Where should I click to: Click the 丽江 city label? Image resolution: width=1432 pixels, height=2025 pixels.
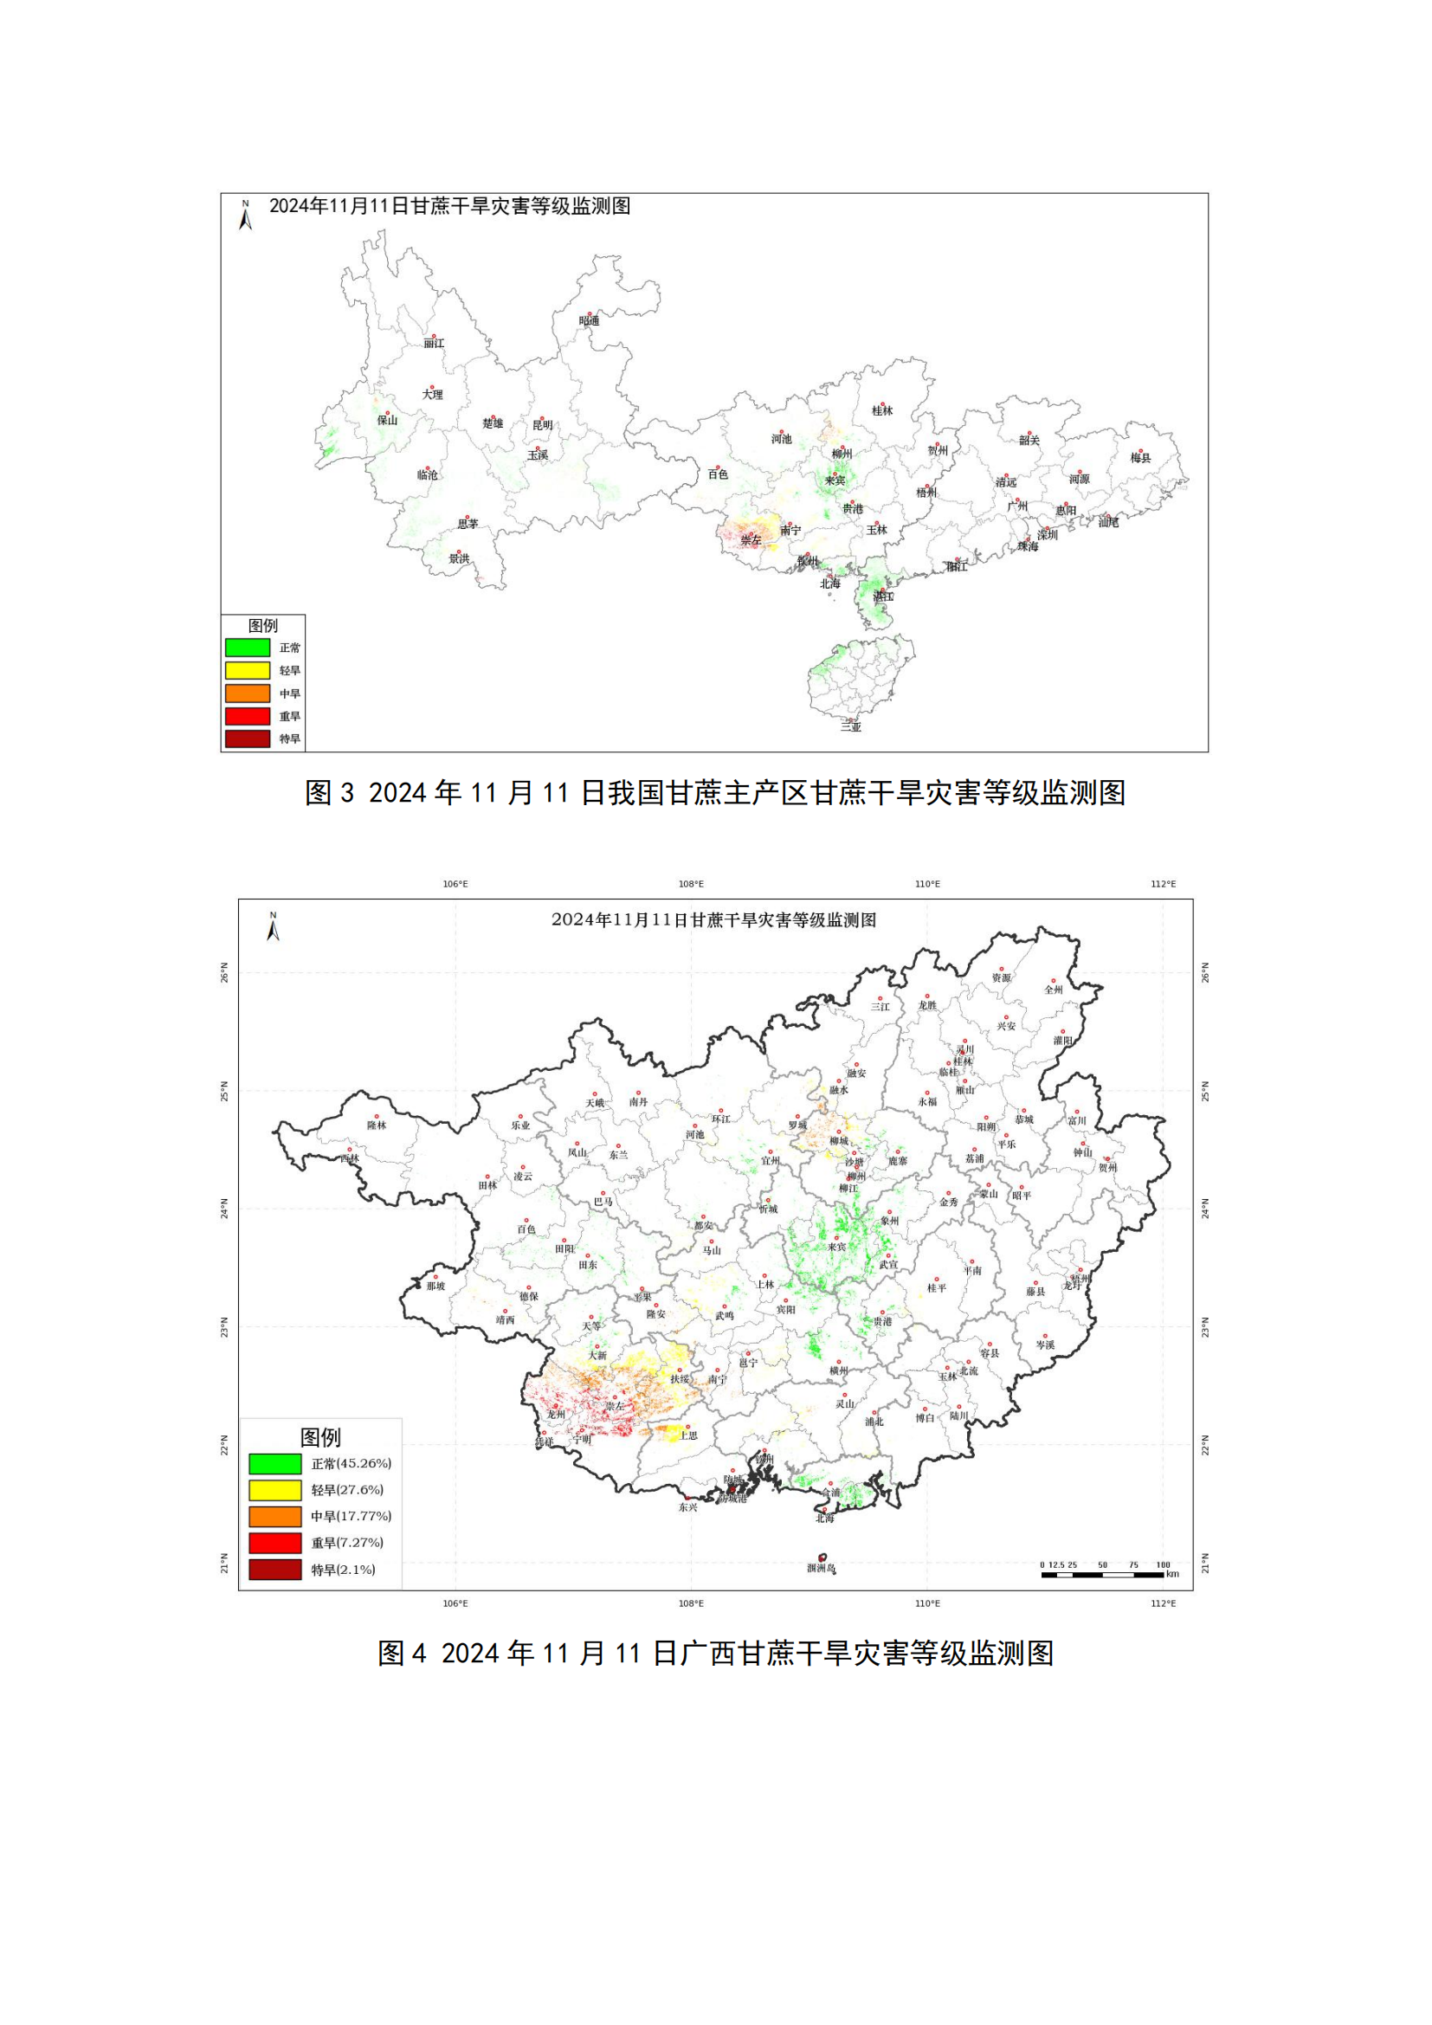point(434,343)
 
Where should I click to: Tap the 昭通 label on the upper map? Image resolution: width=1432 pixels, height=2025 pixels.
point(589,320)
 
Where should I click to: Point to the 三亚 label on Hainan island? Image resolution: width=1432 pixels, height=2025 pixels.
point(851,726)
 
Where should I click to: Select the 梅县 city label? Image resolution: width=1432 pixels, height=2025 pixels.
point(1141,458)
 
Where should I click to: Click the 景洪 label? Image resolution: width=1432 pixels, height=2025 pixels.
point(460,558)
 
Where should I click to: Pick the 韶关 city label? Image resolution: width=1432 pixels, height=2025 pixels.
point(1029,440)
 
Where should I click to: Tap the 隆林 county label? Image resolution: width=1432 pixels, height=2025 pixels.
point(377,1125)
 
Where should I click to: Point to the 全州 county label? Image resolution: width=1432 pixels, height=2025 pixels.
point(1054,990)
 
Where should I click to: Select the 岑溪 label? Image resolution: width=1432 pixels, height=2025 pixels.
point(1045,1345)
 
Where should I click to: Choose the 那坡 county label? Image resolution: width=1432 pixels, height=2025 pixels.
point(435,1286)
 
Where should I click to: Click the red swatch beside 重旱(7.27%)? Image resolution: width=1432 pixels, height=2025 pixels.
point(275,1543)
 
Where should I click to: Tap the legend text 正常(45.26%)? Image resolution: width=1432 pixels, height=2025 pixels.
point(351,1463)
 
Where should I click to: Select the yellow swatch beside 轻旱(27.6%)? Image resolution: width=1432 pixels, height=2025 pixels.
point(275,1490)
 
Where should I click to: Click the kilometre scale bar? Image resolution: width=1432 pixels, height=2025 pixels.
point(1102,1574)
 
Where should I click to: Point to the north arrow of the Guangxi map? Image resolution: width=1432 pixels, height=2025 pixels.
point(274,928)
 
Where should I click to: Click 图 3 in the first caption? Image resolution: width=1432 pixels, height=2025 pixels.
point(329,793)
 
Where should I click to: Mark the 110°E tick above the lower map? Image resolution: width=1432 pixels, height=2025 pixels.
point(927,884)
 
